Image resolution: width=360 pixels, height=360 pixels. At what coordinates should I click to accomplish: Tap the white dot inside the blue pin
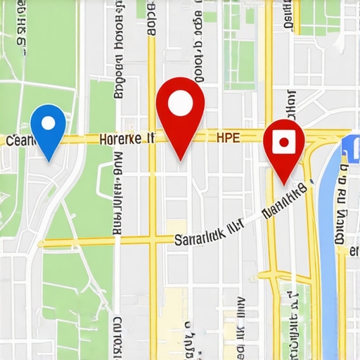49,123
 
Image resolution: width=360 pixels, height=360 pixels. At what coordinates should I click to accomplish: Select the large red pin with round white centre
180,112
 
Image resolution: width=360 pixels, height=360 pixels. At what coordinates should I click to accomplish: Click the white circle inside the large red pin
180,103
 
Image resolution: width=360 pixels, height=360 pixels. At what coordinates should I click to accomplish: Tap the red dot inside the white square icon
283,142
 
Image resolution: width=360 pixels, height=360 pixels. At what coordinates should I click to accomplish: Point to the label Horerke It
127,139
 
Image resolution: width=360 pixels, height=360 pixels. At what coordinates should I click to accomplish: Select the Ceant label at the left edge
19,141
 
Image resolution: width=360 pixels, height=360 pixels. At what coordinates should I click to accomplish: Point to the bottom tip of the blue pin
49,160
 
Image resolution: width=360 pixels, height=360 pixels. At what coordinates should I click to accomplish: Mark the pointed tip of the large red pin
180,160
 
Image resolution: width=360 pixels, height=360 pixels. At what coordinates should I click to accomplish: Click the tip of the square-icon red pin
283,184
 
